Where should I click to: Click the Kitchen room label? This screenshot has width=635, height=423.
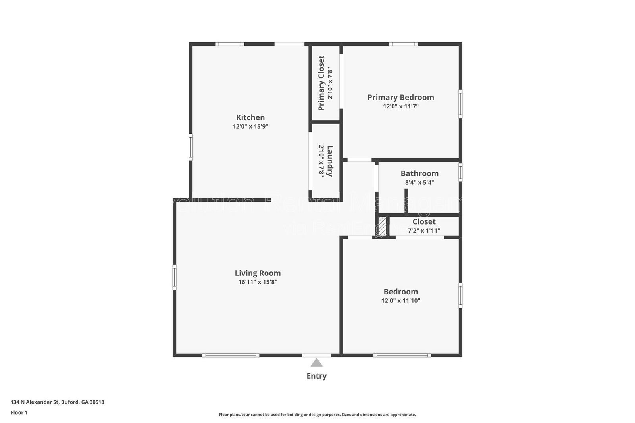click(250, 117)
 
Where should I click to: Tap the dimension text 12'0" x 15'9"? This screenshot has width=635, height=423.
click(250, 127)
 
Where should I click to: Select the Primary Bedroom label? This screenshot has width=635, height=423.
click(400, 97)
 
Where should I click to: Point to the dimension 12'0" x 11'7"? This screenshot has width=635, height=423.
click(400, 106)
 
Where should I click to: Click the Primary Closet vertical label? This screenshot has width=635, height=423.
click(321, 83)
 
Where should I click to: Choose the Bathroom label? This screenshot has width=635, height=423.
click(419, 173)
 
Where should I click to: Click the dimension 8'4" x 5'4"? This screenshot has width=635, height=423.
click(419, 183)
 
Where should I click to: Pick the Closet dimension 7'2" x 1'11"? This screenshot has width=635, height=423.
click(424, 231)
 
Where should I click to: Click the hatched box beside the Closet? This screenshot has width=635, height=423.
click(382, 225)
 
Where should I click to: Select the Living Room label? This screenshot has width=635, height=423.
click(258, 273)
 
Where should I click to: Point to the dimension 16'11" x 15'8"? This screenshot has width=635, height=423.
click(258, 282)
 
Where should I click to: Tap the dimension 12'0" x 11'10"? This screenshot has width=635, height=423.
click(400, 301)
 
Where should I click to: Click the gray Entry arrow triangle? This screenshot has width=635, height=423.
click(316, 363)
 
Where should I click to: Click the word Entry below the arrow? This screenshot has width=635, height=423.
click(316, 376)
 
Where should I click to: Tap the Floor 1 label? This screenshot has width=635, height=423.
click(19, 413)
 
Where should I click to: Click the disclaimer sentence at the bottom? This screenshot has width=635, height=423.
click(317, 415)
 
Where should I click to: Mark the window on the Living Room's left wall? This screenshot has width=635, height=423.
click(174, 277)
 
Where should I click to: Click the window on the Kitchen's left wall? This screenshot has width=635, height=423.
click(190, 147)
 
